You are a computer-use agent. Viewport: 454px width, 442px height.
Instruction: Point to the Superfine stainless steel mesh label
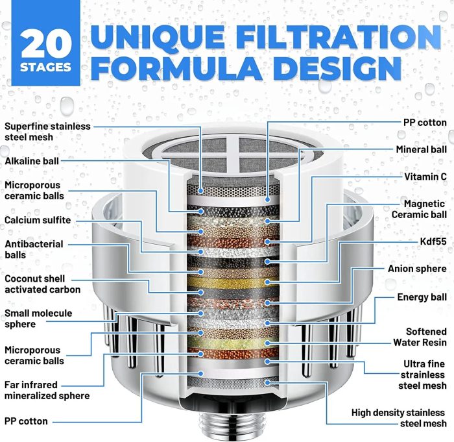coord(47,131)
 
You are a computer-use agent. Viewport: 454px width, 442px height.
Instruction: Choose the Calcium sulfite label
coord(38,220)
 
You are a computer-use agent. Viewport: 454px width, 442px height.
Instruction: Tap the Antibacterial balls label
coord(34,249)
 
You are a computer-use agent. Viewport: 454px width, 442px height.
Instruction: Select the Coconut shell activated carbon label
coord(42,284)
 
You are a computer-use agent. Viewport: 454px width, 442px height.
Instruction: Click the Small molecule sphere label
coord(38,318)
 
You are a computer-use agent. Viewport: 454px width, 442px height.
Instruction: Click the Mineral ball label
coord(421,149)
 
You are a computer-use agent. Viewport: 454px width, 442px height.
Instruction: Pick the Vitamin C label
coord(425,176)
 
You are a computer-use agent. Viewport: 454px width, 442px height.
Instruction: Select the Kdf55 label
coord(433,241)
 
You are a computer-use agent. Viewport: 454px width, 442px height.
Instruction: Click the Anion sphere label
coord(417,269)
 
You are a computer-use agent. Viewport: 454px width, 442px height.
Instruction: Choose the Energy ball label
coord(422,297)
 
